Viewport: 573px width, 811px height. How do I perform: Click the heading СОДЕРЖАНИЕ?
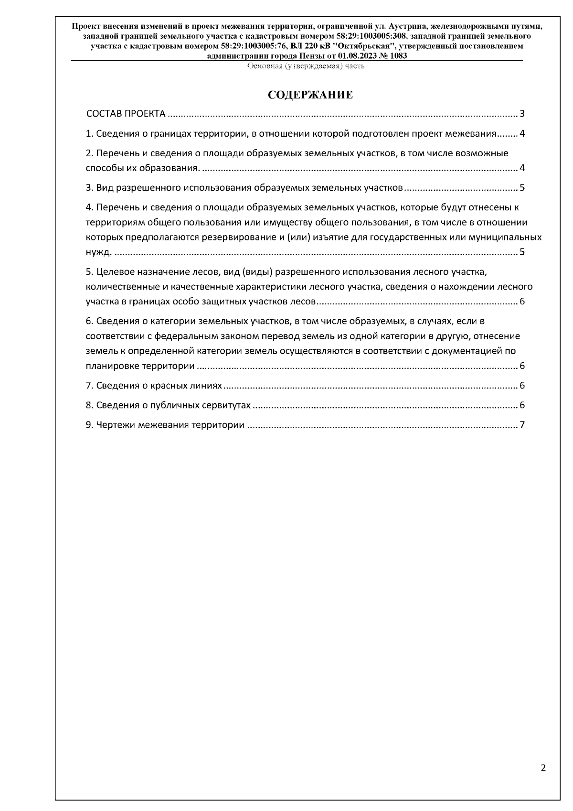pos(310,95)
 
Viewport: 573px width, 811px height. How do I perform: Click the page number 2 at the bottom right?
pos(543,768)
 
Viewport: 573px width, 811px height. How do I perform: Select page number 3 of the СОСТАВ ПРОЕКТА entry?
pos(522,114)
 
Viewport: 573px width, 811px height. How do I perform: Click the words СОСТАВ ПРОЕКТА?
pos(126,114)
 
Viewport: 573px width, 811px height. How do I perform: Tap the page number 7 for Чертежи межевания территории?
pos(522,425)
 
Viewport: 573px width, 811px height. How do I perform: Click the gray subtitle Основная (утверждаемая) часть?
pos(306,66)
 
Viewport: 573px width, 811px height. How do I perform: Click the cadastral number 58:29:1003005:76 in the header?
pos(253,46)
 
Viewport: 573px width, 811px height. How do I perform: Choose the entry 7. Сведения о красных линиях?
pos(154,386)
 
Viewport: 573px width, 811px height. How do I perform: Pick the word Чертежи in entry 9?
pos(116,425)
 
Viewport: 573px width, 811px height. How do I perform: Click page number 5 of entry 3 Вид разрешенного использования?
pos(522,188)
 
